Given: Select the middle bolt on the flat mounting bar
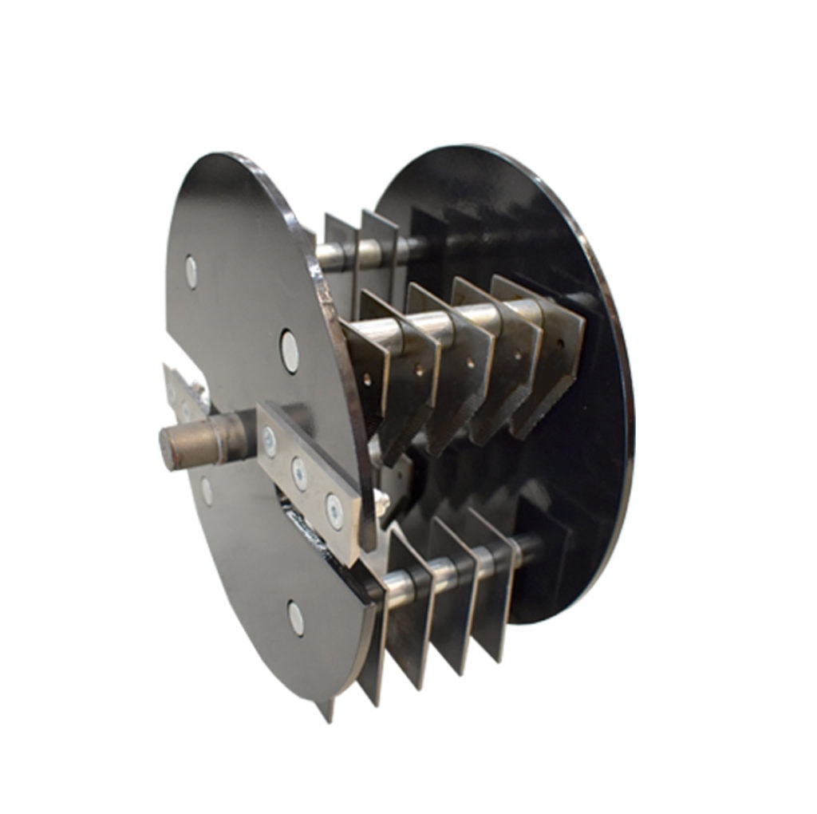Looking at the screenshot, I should [x=299, y=473].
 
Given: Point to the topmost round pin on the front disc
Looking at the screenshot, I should [x=191, y=272].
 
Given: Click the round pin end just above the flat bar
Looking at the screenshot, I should [x=290, y=352].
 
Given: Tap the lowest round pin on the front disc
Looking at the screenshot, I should [x=296, y=618].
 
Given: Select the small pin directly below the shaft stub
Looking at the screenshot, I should [x=207, y=491].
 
